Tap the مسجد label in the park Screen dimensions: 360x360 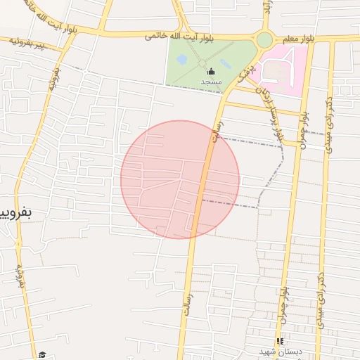211,82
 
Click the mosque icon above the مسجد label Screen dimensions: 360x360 211,71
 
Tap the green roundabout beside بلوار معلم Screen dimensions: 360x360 264,40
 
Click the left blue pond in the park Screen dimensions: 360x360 182,60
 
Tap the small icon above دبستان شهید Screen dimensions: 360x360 279,341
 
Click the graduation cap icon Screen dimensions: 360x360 42,355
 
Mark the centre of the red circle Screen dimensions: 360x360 180,179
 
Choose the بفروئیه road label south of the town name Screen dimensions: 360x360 21,278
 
